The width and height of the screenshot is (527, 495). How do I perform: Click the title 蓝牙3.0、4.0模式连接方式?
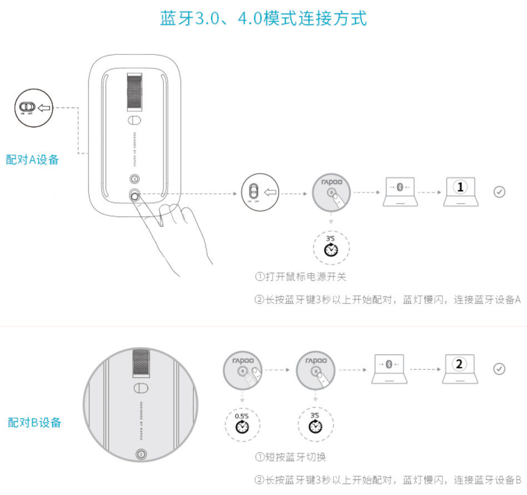click(x=263, y=18)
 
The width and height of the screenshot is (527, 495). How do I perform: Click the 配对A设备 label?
click(x=32, y=160)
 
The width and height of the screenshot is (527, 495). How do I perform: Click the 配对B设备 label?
click(x=34, y=422)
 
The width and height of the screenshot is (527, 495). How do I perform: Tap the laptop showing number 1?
click(x=460, y=192)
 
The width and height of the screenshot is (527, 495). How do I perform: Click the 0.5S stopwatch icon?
click(x=242, y=425)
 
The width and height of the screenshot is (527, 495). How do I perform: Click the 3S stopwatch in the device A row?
click(x=331, y=248)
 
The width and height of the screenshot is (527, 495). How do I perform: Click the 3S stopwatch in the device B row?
click(x=315, y=425)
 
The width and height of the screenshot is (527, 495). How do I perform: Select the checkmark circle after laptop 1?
click(x=499, y=192)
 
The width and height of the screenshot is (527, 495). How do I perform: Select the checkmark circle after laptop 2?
click(x=499, y=369)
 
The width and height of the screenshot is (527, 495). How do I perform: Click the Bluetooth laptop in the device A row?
click(x=400, y=192)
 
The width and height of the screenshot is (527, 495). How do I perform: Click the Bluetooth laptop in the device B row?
click(x=389, y=368)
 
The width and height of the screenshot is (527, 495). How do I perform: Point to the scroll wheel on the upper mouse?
click(x=134, y=92)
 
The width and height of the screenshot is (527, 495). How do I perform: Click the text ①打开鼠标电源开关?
click(x=301, y=276)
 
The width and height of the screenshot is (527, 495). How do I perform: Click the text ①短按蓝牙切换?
click(x=290, y=457)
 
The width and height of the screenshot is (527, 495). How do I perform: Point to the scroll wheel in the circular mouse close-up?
click(x=140, y=364)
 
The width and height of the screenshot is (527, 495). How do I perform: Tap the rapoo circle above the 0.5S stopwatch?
click(x=242, y=370)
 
